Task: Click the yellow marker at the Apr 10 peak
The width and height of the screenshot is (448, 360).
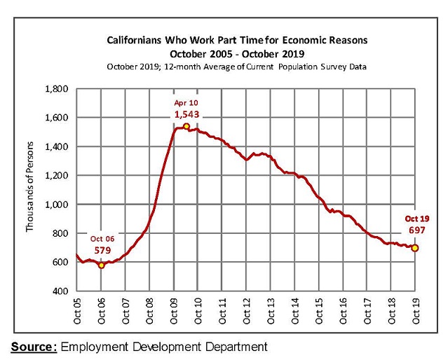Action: (x=186, y=127)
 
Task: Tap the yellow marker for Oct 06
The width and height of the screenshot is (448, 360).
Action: (x=101, y=265)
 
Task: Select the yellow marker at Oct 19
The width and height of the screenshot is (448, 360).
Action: (x=415, y=248)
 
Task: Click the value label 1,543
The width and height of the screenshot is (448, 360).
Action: (x=186, y=113)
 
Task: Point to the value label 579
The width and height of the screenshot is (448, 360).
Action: (x=102, y=249)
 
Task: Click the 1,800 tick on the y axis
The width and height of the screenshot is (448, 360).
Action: (x=57, y=89)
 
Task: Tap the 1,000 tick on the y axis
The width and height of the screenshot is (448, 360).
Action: (x=57, y=205)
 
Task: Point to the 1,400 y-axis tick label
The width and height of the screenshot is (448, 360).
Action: (x=57, y=147)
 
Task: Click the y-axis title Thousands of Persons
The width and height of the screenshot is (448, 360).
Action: (x=29, y=189)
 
